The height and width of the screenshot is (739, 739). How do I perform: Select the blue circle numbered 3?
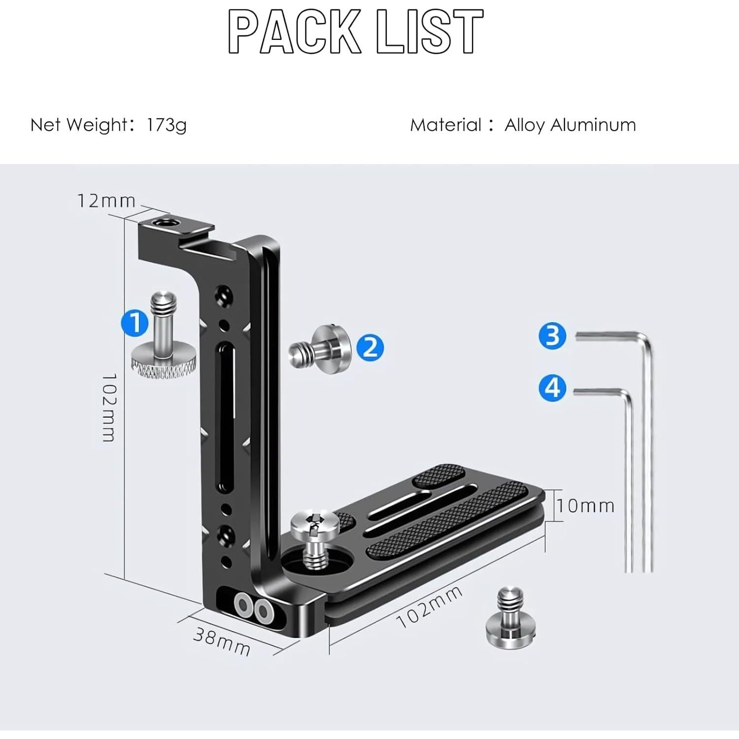pos(553,336)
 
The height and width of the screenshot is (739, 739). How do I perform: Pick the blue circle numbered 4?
pos(553,388)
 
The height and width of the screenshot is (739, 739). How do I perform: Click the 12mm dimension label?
pos(106,201)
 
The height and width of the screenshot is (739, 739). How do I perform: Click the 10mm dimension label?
pos(586,505)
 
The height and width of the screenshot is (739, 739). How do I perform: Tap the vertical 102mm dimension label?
pos(109,407)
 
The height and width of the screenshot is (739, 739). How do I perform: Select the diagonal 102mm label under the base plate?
pos(430,607)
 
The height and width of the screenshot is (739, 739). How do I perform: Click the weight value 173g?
pos(167,125)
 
